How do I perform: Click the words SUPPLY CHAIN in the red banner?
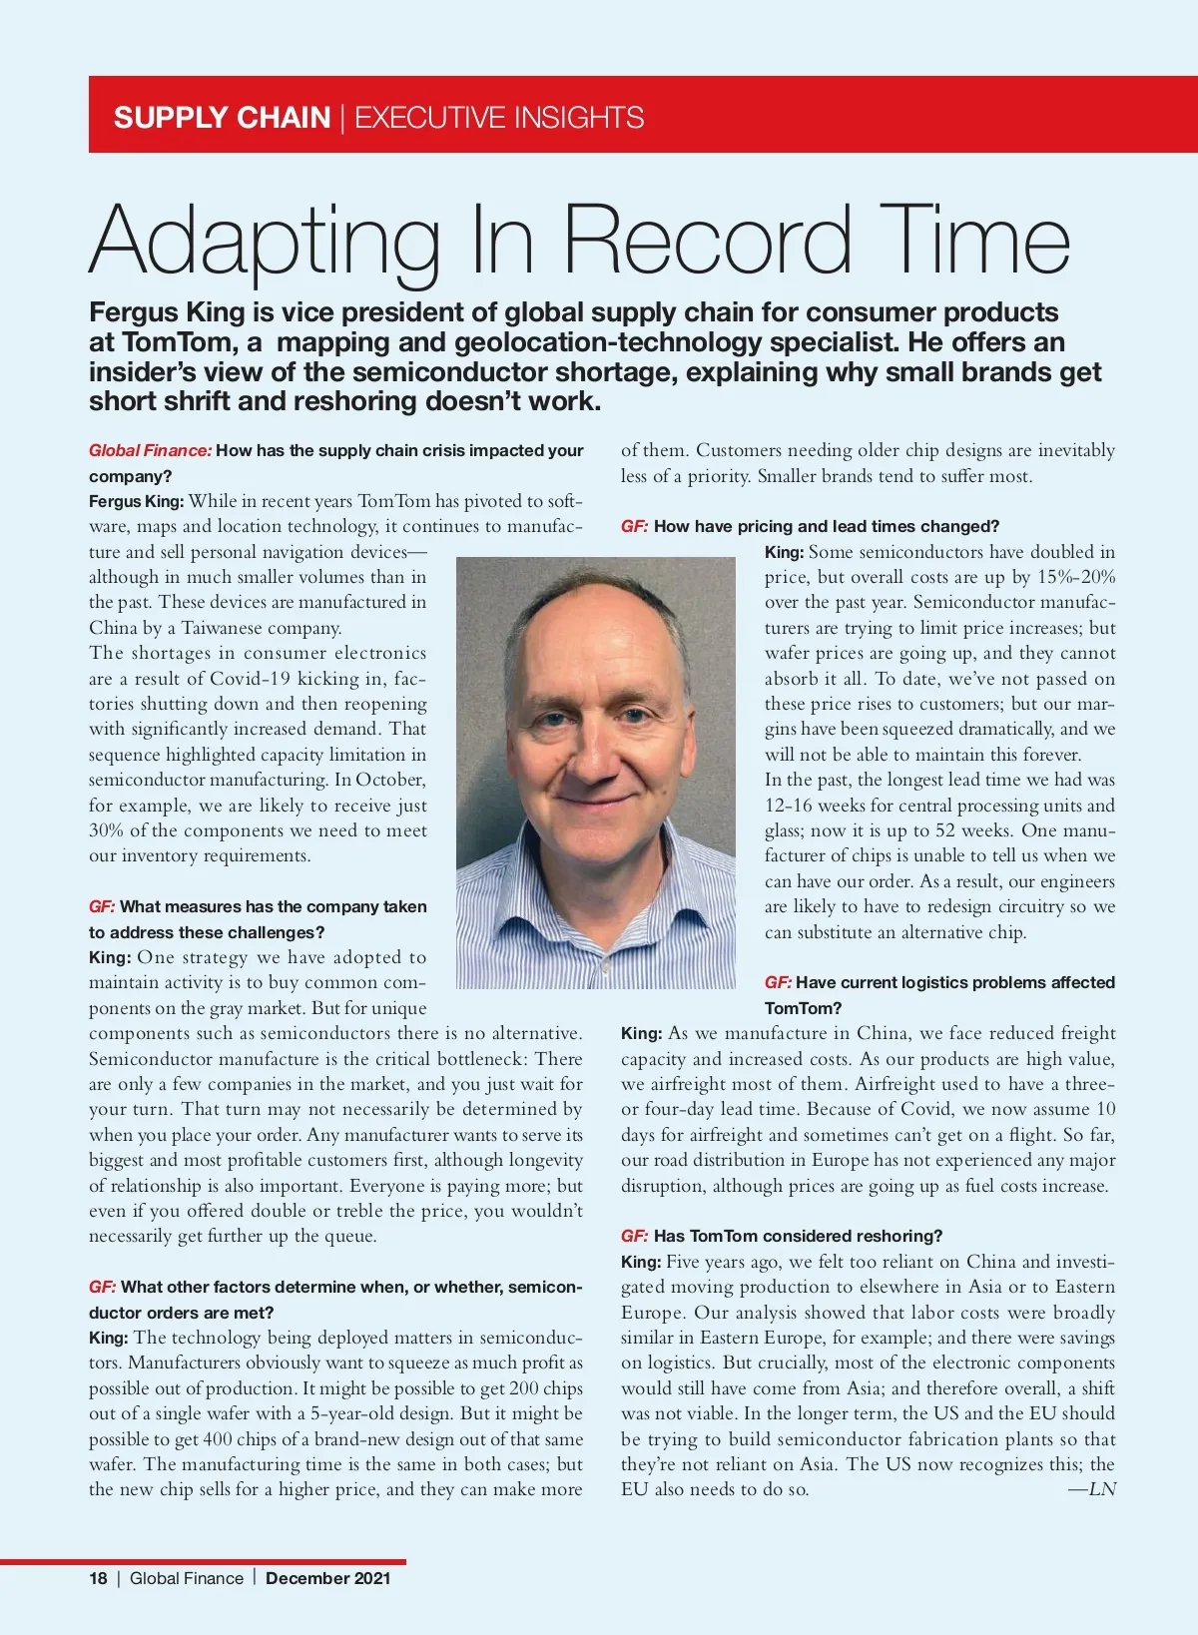pos(222,118)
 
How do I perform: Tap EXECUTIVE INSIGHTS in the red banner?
pos(499,118)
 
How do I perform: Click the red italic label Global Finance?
pos(150,450)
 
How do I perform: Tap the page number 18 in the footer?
pos(98,1578)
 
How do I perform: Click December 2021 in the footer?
pos(327,1578)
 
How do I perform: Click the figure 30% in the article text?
pos(105,830)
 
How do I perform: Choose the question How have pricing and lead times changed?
pos(826,526)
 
